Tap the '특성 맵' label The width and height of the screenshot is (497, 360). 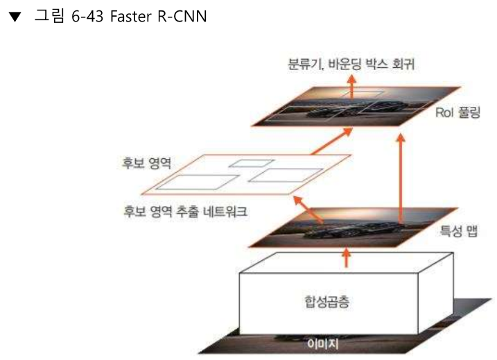tap(458, 230)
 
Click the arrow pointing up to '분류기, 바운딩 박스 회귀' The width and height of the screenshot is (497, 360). tap(351, 86)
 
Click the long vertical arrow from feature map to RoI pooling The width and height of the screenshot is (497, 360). tap(400, 177)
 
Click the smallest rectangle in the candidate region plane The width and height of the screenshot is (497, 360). tap(243, 164)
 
